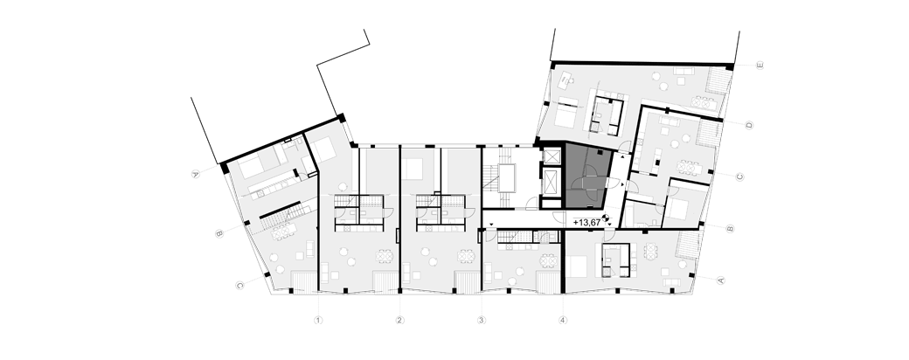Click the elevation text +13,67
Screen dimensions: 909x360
point(586,222)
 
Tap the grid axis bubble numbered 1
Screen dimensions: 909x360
point(317,320)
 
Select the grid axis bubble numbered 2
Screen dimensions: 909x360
point(399,320)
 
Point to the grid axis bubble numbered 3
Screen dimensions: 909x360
point(482,320)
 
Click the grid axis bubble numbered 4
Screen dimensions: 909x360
point(563,320)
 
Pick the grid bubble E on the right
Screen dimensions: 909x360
point(760,66)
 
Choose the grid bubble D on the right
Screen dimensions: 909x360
point(749,125)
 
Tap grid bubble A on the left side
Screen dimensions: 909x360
point(196,173)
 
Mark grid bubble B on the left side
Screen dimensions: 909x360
point(219,233)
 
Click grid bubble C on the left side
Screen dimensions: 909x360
point(239,285)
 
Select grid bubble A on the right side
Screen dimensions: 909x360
point(721,280)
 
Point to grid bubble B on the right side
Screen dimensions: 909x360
point(730,228)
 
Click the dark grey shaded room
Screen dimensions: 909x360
point(586,176)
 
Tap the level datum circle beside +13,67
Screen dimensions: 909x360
point(607,218)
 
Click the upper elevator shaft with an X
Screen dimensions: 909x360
point(552,156)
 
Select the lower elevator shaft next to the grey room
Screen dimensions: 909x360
point(552,185)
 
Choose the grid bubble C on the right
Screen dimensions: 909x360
point(739,177)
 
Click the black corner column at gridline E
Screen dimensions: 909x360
point(730,67)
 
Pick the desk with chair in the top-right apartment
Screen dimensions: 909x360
point(566,79)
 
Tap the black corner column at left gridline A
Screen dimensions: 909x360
point(224,168)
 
